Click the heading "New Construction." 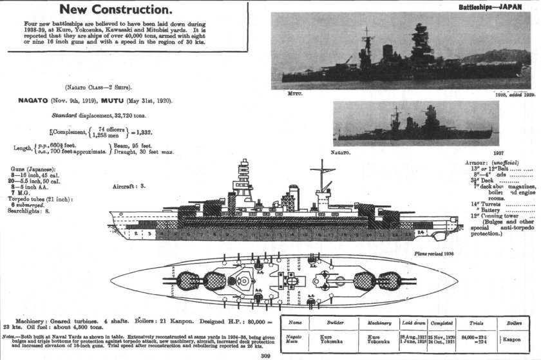pyautogui.click(x=116, y=10)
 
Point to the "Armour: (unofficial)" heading pyautogui.click(x=495, y=162)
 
